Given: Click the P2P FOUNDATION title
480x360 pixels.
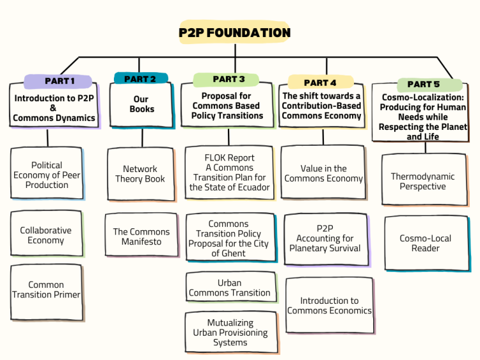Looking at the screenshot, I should [x=235, y=33].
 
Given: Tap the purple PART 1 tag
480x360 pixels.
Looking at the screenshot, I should [x=59, y=81].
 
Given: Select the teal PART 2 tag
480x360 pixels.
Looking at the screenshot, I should [x=140, y=79].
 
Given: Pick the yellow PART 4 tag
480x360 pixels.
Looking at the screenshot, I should [x=320, y=82].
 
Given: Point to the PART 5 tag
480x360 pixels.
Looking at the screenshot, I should [x=423, y=84].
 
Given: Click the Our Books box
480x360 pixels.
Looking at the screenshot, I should [x=141, y=104].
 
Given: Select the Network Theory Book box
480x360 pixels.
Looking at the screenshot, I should [x=140, y=174].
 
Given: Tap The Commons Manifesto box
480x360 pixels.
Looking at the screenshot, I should [x=141, y=237].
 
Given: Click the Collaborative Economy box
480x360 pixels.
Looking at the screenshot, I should [x=46, y=235].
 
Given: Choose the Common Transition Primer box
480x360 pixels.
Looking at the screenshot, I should [x=46, y=290].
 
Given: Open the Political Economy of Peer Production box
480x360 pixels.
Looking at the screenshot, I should [x=47, y=175].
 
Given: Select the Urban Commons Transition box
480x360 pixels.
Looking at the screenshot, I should [x=230, y=288].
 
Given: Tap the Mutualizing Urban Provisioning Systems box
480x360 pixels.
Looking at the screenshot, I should [x=230, y=333].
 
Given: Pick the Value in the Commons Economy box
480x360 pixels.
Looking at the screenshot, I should [x=324, y=174].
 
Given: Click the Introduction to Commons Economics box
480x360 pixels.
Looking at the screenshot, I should [x=329, y=306].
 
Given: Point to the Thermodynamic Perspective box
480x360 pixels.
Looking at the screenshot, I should [x=422, y=182].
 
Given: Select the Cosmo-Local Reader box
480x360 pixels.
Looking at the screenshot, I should [x=425, y=243].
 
